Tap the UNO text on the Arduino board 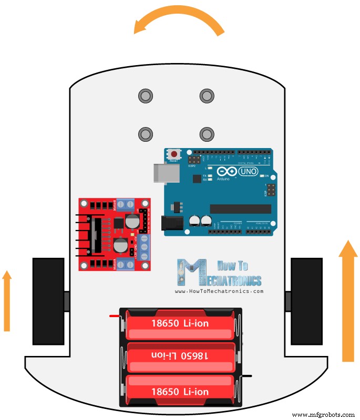tap(248, 172)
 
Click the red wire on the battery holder tap(115, 316)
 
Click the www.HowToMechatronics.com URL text tap(219, 291)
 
